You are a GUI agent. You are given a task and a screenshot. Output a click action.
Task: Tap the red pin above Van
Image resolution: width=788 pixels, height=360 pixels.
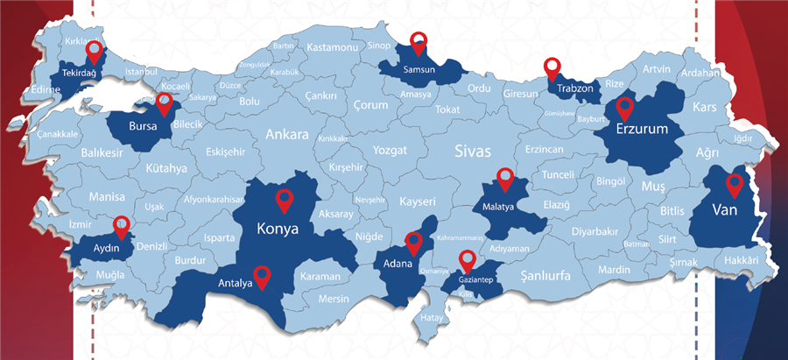[734, 184]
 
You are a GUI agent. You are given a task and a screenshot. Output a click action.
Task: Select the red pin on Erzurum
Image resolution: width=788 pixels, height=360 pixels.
[624, 107]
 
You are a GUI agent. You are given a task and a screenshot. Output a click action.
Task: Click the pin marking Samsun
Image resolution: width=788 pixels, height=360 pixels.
[419, 41]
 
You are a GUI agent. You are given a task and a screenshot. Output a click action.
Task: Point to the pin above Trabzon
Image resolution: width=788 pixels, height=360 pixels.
[552, 67]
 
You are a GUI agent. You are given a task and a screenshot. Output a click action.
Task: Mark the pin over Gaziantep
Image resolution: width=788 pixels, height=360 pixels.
[468, 259]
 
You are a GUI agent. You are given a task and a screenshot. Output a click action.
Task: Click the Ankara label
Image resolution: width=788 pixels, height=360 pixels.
[287, 136]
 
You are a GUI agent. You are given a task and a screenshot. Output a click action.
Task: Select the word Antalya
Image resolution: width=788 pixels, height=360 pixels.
[236, 283]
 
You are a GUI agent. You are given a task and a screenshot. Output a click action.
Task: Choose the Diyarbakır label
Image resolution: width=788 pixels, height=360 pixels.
[595, 232]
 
